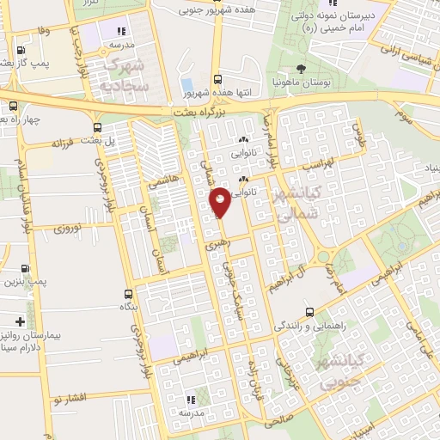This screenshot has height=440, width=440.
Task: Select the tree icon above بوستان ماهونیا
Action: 300,70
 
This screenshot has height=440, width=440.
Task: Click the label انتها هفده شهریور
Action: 212,92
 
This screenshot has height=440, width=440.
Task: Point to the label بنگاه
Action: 127,306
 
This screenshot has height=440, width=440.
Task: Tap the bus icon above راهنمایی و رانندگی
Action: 310,312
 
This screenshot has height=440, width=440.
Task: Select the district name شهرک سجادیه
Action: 125,76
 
